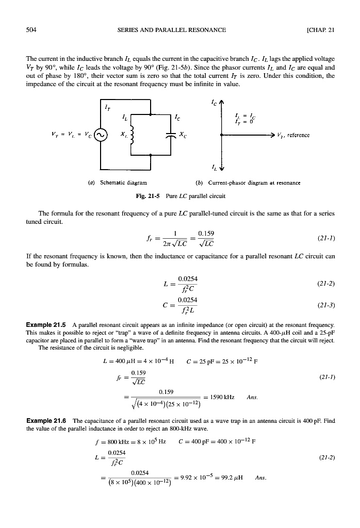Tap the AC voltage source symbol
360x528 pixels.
coord(101,136)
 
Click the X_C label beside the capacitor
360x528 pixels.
coord(183,136)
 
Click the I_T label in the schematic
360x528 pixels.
coord(108,108)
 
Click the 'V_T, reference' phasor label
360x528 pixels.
coord(293,136)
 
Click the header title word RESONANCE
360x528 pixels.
coord(204,29)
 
